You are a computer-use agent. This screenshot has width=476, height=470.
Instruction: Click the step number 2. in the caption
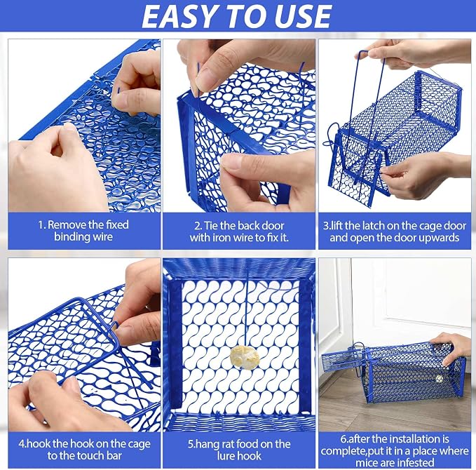pyautogui.click(x=198, y=226)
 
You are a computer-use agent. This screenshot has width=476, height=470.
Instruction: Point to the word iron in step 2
pyautogui.click(x=220, y=238)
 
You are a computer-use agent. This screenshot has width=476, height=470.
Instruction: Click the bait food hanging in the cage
pyautogui.click(x=245, y=358)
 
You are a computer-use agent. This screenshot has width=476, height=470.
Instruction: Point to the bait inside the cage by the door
pyautogui.click(x=439, y=380)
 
